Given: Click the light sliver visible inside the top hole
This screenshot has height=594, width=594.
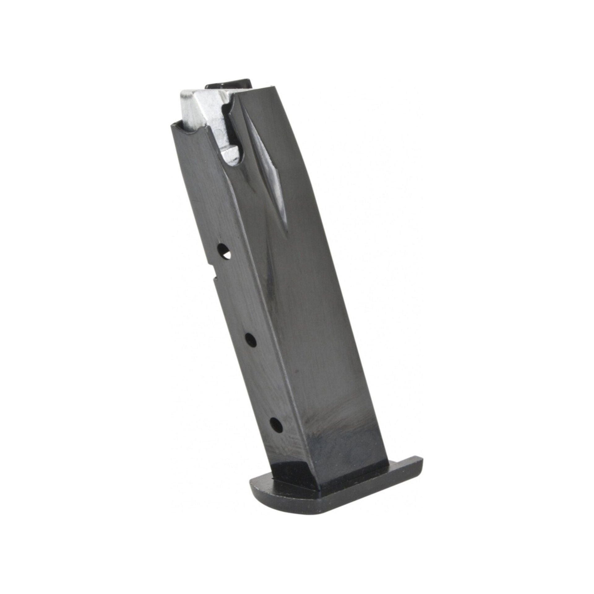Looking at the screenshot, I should (x=228, y=256).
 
